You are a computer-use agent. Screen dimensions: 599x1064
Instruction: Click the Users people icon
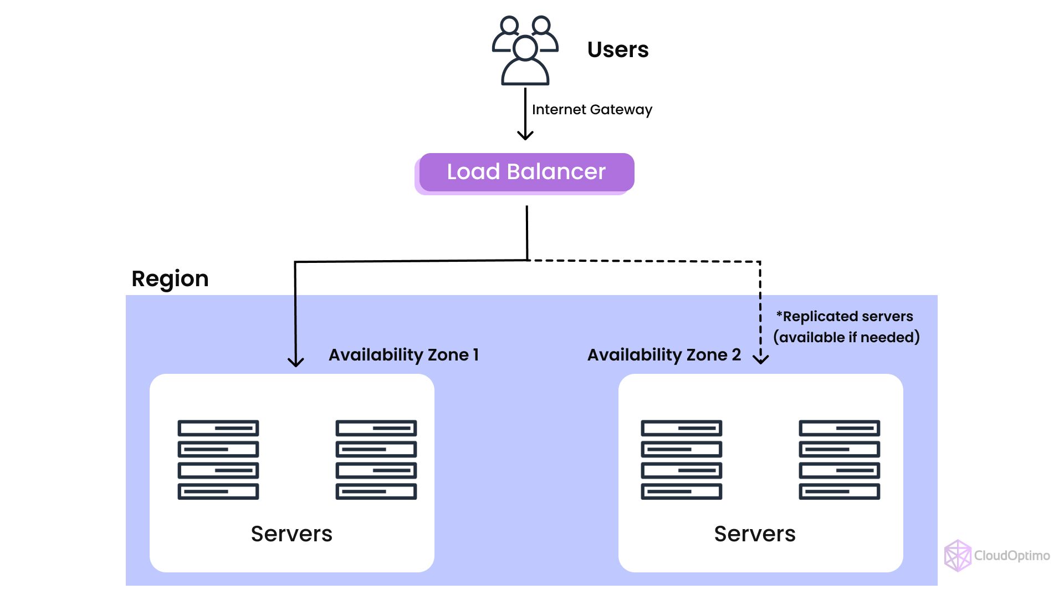click(525, 50)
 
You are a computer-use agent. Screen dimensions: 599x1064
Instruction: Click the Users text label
click(618, 50)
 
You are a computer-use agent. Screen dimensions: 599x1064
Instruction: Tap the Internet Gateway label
click(592, 110)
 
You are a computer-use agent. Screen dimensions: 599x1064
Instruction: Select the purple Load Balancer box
click(526, 172)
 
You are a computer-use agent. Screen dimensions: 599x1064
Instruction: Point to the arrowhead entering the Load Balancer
click(525, 135)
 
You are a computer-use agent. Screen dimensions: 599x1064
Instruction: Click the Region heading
click(170, 278)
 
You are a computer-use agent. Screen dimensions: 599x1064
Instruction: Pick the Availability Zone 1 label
click(403, 355)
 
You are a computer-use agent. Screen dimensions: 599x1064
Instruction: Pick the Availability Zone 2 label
click(664, 355)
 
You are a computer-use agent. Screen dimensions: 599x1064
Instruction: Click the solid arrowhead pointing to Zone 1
click(296, 362)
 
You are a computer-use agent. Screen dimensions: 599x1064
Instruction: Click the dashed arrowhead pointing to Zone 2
click(761, 359)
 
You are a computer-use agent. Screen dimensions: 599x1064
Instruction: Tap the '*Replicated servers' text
click(845, 317)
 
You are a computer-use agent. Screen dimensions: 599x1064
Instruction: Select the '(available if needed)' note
click(846, 337)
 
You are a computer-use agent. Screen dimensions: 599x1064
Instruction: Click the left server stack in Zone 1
click(218, 460)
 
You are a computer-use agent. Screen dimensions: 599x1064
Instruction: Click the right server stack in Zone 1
click(376, 460)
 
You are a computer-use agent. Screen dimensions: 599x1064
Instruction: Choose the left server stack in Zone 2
click(682, 460)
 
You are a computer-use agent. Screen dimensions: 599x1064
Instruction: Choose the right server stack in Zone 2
click(840, 460)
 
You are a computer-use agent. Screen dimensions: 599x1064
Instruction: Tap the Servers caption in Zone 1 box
click(291, 534)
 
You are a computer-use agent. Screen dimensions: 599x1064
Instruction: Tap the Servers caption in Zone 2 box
click(755, 534)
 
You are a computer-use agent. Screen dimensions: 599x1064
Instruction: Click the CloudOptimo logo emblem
click(958, 555)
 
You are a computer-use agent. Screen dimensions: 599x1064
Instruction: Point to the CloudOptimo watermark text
click(1012, 556)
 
